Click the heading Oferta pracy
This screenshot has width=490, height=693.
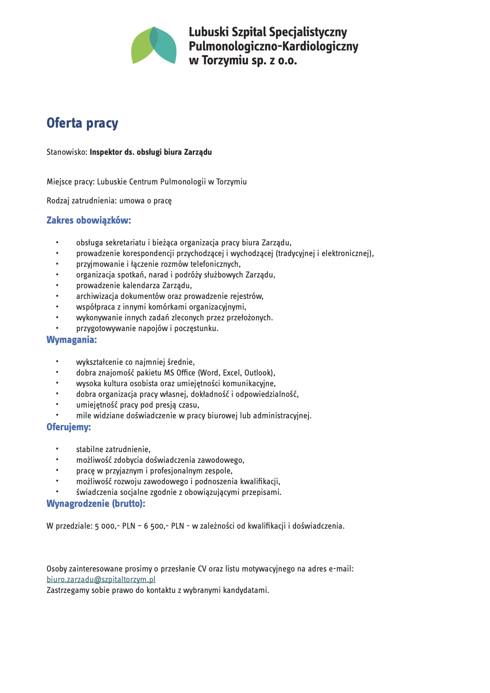click(82, 123)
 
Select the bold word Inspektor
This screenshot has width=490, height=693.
click(106, 152)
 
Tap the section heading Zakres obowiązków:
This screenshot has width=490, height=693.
click(89, 220)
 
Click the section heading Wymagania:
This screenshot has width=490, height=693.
click(72, 340)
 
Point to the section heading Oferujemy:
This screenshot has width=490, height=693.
click(69, 427)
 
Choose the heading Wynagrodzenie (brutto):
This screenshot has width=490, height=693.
click(96, 504)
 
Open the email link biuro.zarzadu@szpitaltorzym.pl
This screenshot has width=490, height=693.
click(101, 579)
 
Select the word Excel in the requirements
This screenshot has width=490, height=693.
click(231, 373)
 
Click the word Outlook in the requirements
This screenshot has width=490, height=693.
click(258, 373)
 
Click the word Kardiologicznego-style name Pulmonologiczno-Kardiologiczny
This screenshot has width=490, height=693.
click(273, 47)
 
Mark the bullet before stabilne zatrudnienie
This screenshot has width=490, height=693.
click(57, 449)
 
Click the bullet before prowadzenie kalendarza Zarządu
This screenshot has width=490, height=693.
click(57, 285)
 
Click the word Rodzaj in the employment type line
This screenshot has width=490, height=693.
click(58, 201)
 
